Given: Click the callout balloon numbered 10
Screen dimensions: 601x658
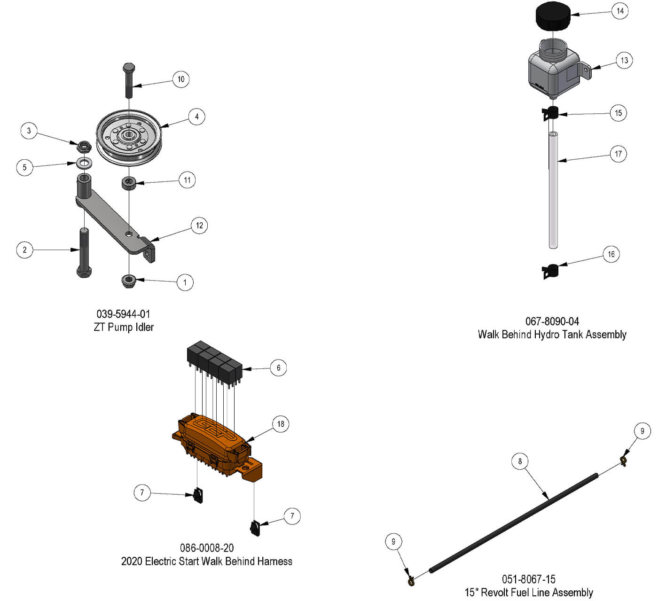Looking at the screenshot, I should [181, 79].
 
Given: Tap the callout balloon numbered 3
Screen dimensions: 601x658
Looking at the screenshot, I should [29, 131].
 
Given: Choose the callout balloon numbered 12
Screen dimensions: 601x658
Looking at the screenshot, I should [199, 226].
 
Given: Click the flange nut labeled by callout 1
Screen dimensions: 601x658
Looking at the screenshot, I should [129, 281].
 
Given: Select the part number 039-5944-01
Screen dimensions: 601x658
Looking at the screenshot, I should [123, 314].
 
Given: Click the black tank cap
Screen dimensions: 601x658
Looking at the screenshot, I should [553, 16].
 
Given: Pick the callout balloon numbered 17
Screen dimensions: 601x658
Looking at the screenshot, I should [618, 154].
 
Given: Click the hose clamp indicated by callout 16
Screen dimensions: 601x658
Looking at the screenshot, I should [551, 271].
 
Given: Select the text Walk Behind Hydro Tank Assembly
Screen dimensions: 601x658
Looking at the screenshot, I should [552, 335].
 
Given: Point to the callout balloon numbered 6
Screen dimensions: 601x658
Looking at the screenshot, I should [278, 367].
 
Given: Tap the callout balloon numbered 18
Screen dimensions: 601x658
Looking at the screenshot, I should [281, 424].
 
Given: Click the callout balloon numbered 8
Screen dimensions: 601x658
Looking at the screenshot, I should [520, 461].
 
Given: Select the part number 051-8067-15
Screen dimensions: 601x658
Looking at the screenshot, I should [528, 579].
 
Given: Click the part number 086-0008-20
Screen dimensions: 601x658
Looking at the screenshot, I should [207, 548].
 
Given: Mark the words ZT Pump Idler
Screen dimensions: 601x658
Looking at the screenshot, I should [124, 327].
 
